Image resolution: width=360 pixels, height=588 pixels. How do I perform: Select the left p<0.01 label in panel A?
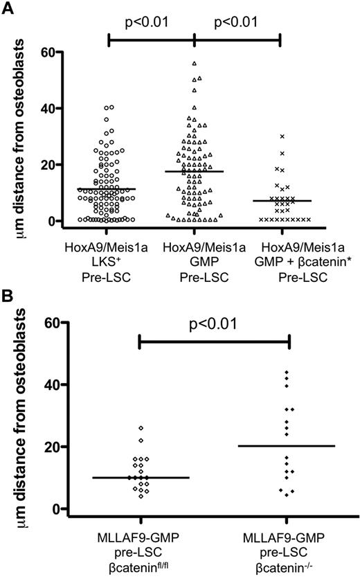pyautogui.click(x=151, y=22)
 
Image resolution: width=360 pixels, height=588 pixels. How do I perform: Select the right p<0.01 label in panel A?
pyautogui.click(x=237, y=22)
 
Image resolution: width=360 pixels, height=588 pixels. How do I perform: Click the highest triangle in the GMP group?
pyautogui.click(x=195, y=63)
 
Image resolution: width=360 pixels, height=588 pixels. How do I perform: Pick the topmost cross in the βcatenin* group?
pyautogui.click(x=282, y=136)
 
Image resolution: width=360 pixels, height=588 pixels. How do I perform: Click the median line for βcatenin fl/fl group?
pyautogui.click(x=141, y=478)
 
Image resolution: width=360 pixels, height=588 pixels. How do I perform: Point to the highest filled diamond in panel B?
pyautogui.click(x=287, y=373)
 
